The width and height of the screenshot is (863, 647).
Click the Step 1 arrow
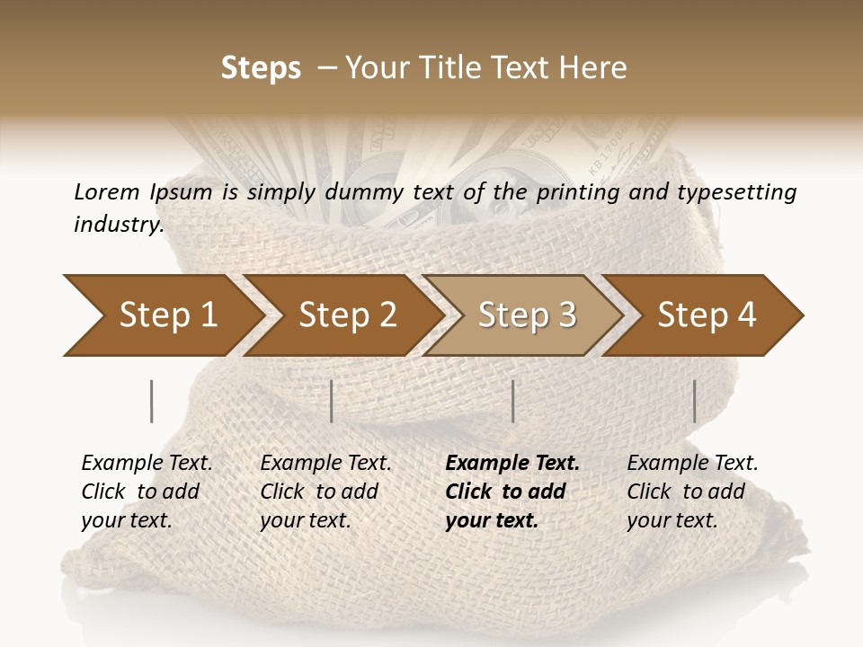click(162, 315)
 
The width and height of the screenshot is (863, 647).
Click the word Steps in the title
click(261, 68)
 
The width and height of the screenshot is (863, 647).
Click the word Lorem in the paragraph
click(105, 191)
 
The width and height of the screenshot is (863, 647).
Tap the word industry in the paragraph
click(118, 225)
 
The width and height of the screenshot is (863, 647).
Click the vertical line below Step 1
click(152, 401)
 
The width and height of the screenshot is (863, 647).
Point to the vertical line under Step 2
click(332, 401)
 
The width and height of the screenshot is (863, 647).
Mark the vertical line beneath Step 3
click(512, 401)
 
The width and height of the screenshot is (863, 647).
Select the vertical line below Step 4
click(694, 401)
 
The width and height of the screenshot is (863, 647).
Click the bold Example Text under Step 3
click(512, 464)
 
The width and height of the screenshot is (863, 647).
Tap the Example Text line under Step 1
click(147, 464)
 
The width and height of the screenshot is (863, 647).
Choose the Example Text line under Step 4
click(692, 464)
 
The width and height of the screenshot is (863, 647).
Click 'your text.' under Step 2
click(305, 520)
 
